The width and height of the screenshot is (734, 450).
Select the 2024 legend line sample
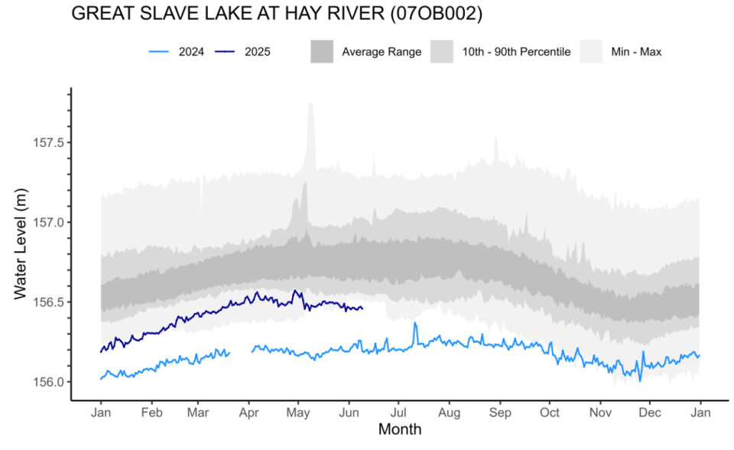pos(159,52)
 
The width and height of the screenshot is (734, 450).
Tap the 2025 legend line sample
pos(225,52)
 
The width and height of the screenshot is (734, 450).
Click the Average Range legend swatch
pos(322,52)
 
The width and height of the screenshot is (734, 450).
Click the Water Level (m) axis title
pos(21,244)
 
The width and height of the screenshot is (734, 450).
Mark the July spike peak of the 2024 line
pos(415,323)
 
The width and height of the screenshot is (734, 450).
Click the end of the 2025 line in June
pos(362,308)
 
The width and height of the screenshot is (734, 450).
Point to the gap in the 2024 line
pos(241,351)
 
